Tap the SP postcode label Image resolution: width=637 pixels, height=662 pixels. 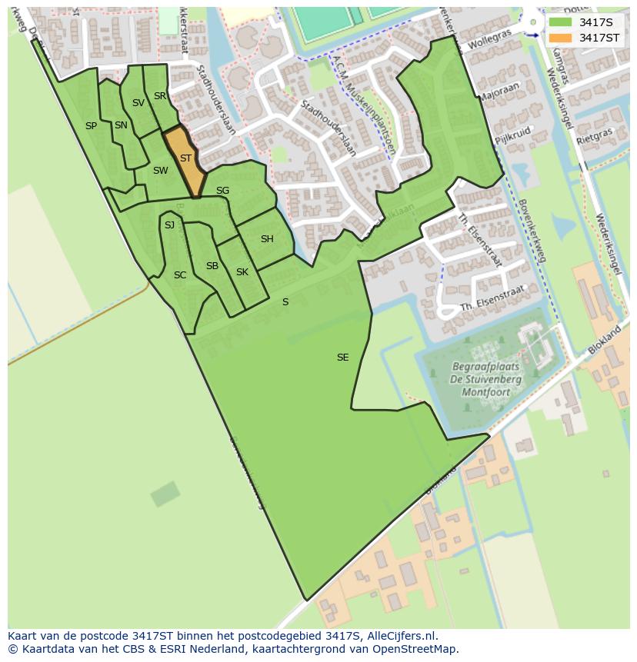[91, 126]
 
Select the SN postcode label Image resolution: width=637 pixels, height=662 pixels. [121, 125]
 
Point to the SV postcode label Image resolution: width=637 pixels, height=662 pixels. [138, 103]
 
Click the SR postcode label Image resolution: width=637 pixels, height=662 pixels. [160, 96]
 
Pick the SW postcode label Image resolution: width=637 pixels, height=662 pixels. [160, 171]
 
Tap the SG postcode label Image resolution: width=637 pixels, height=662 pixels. [222, 191]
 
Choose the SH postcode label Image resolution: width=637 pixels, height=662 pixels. [267, 239]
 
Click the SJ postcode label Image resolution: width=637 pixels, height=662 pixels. [170, 225]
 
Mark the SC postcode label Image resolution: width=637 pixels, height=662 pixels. [180, 275]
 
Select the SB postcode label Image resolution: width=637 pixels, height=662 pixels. [212, 266]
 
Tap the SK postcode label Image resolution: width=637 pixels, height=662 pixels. [242, 272]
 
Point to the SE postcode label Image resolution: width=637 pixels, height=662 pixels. [343, 358]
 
